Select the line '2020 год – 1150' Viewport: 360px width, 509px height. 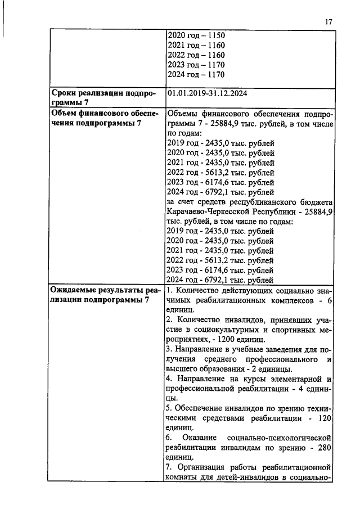(196, 35)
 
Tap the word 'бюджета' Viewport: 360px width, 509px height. (318, 202)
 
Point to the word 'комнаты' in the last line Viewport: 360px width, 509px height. (183, 478)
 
